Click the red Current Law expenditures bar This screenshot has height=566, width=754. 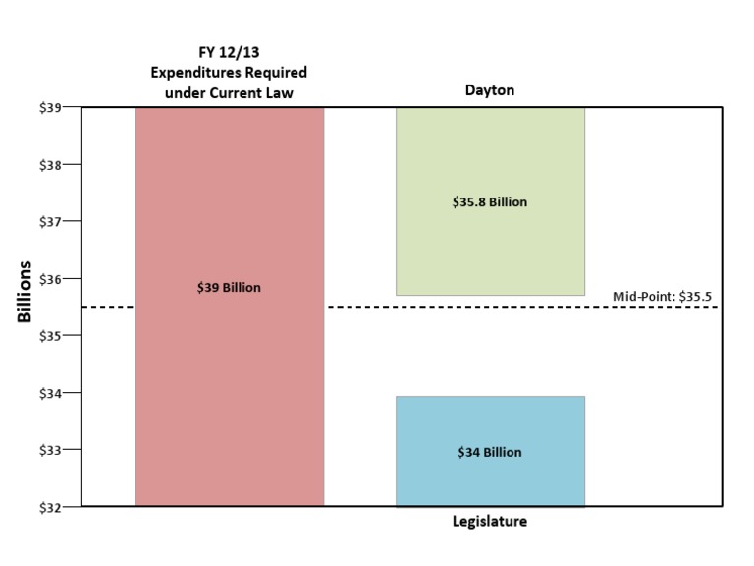point(229,393)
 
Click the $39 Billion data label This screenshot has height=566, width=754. point(229,288)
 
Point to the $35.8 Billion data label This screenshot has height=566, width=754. point(490,202)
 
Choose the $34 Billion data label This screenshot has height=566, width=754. point(490,453)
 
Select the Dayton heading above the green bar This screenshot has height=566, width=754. point(490,91)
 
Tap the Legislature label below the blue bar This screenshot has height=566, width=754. point(490,522)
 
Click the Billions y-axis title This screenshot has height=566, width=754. point(25,292)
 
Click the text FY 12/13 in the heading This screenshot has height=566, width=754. point(229,53)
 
